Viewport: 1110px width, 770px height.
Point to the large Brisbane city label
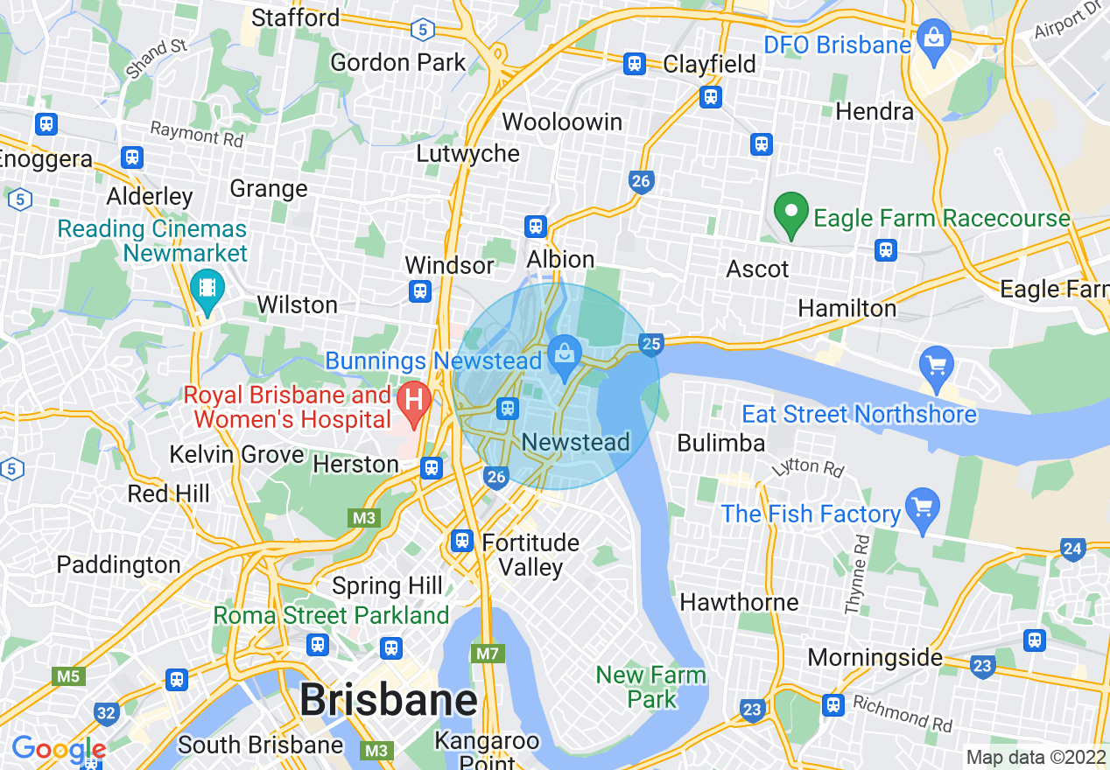click(389, 700)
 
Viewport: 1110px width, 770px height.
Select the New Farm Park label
click(650, 687)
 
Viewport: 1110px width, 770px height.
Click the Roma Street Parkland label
click(331, 615)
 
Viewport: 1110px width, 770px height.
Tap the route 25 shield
click(650, 344)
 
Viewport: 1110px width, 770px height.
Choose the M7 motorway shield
click(483, 654)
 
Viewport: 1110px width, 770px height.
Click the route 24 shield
click(1072, 549)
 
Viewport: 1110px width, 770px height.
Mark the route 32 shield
click(106, 713)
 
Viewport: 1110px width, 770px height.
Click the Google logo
click(58, 750)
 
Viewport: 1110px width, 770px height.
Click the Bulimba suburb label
click(720, 443)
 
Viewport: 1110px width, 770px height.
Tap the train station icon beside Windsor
click(420, 290)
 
